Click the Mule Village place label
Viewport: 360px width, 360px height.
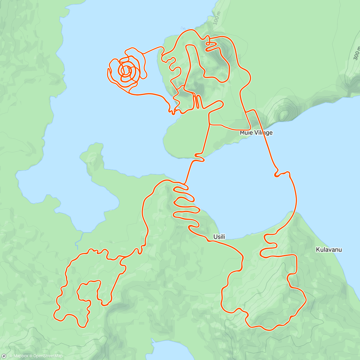click(x=256, y=133)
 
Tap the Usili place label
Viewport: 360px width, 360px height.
click(x=219, y=237)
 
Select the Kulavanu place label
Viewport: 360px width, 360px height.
click(x=329, y=250)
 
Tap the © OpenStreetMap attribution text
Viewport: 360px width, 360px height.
click(x=48, y=356)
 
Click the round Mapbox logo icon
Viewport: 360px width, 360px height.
click(x=4, y=356)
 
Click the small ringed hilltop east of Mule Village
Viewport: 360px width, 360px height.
click(x=283, y=114)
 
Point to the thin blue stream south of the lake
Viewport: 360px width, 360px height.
click(x=79, y=240)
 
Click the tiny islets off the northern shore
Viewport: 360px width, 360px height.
click(x=183, y=28)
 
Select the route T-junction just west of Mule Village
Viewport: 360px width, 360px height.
click(x=209, y=124)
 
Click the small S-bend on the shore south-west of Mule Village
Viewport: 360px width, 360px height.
click(x=199, y=157)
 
